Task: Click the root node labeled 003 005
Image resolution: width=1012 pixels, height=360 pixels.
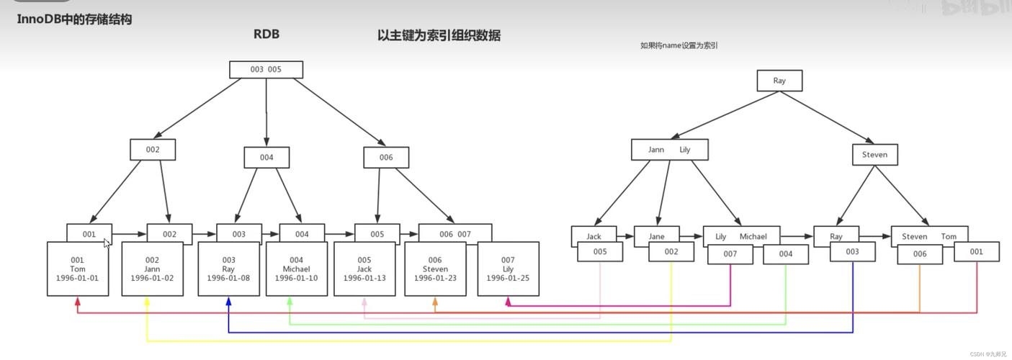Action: pyautogui.click(x=266, y=70)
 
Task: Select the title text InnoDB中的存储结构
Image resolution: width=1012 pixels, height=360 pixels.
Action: pyautogui.click(x=74, y=19)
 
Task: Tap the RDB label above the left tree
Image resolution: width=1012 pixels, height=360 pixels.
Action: pyautogui.click(x=266, y=34)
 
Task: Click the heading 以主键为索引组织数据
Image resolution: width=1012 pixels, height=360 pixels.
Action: pyautogui.click(x=439, y=35)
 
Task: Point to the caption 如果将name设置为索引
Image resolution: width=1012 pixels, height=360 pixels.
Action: pyautogui.click(x=679, y=45)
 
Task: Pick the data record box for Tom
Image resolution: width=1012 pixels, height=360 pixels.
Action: pyautogui.click(x=78, y=269)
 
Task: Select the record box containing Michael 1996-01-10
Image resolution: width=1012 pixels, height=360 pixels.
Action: pyautogui.click(x=296, y=269)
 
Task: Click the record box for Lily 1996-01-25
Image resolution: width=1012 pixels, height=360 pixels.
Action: pyautogui.click(x=508, y=269)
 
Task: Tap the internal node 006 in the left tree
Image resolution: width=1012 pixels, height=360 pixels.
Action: pyautogui.click(x=386, y=158)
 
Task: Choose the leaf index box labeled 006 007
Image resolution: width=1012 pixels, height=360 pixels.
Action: pyautogui.click(x=455, y=233)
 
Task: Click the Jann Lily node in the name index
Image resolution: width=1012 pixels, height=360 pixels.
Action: pyautogui.click(x=669, y=150)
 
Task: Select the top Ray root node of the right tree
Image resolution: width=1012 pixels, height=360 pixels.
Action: pyautogui.click(x=779, y=81)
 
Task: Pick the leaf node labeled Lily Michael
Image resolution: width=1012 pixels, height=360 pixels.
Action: pyautogui.click(x=741, y=236)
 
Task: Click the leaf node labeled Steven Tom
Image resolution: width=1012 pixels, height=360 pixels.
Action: pyautogui.click(x=928, y=236)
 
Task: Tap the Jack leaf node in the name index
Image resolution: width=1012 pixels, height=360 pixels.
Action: pyautogui.click(x=594, y=235)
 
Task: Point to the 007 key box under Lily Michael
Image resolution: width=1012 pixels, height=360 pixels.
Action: pyautogui.click(x=730, y=254)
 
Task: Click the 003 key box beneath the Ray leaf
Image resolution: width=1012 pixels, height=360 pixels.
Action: pyautogui.click(x=853, y=252)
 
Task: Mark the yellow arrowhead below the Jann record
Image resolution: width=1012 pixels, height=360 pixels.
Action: pyautogui.click(x=147, y=302)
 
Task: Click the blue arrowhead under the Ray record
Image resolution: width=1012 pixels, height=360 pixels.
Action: pyautogui.click(x=228, y=302)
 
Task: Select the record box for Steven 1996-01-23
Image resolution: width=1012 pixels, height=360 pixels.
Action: pyautogui.click(x=435, y=269)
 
